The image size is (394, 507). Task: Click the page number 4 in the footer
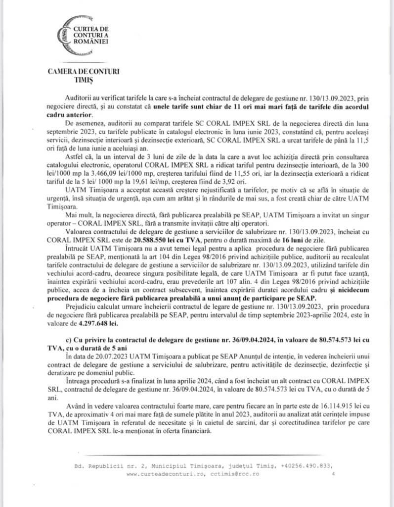(x=333, y=473)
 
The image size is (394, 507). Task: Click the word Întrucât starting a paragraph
(x=76, y=259)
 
